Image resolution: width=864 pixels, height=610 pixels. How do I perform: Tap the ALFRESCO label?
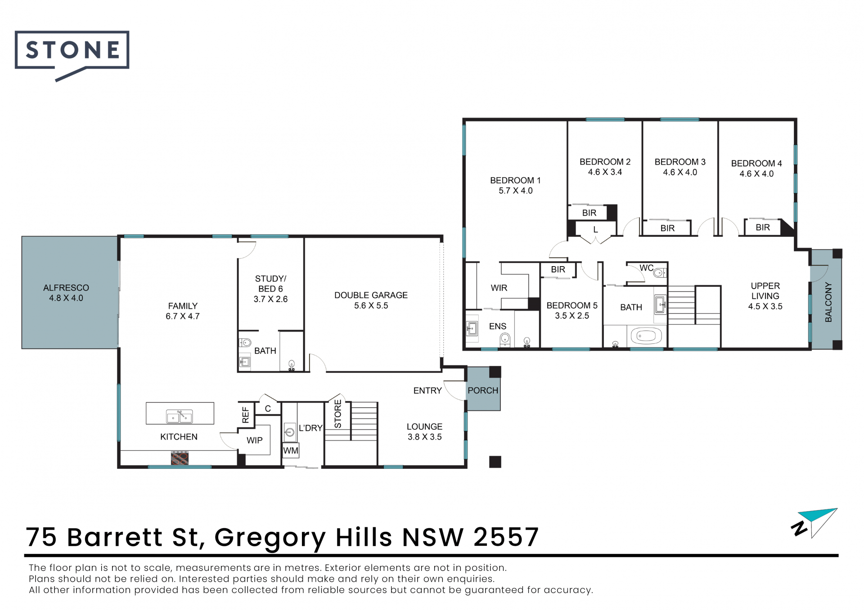66,288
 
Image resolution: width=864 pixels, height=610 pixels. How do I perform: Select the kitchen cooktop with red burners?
180,458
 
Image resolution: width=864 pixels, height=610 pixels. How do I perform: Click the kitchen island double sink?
180,416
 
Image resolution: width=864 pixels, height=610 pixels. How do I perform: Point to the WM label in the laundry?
291,450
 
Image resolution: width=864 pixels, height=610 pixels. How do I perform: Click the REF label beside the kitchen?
245,415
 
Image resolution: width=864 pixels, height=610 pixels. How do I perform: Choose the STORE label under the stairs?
337,414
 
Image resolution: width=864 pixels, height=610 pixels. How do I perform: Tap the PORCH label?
483,391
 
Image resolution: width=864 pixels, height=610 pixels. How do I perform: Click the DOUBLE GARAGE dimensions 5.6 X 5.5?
371,306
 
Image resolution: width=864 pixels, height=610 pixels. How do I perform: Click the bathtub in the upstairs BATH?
646,336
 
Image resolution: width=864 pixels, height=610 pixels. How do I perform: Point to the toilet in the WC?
659,272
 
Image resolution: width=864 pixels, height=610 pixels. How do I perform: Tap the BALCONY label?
828,302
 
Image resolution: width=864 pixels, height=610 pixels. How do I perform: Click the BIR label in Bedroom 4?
763,227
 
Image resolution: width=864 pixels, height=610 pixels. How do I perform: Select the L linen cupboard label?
595,230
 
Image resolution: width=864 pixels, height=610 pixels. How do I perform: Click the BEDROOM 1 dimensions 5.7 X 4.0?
516,191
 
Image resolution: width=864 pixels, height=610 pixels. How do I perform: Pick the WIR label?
499,288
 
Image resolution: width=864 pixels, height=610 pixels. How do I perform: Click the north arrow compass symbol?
814,523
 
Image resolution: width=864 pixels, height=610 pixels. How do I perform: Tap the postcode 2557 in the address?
506,537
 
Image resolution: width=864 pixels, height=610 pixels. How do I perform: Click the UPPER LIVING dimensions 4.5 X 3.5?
765,307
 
